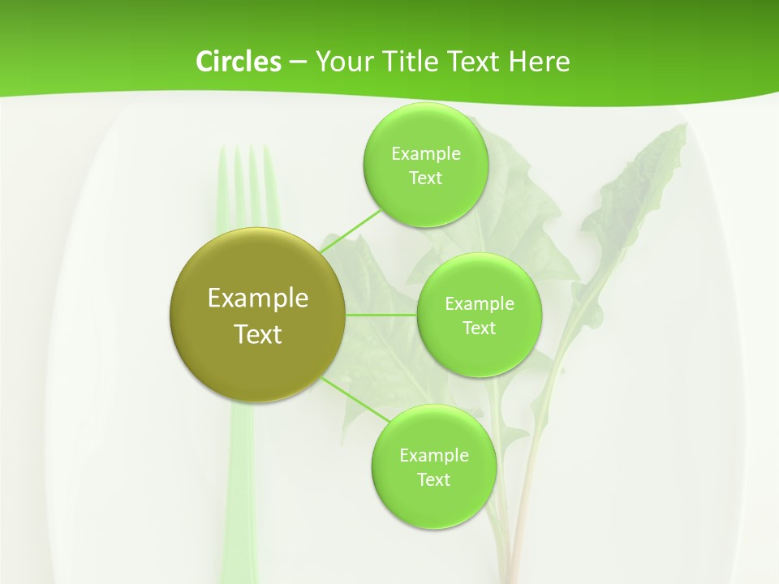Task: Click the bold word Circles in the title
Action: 238,61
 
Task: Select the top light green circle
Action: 425,203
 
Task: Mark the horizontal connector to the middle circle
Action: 381,315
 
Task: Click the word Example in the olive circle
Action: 257,298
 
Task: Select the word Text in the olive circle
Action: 257,334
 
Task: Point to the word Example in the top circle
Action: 425,153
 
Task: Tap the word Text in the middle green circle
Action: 479,328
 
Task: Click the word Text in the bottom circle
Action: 433,479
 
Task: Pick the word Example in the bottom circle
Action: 433,455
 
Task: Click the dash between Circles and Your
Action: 297,62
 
